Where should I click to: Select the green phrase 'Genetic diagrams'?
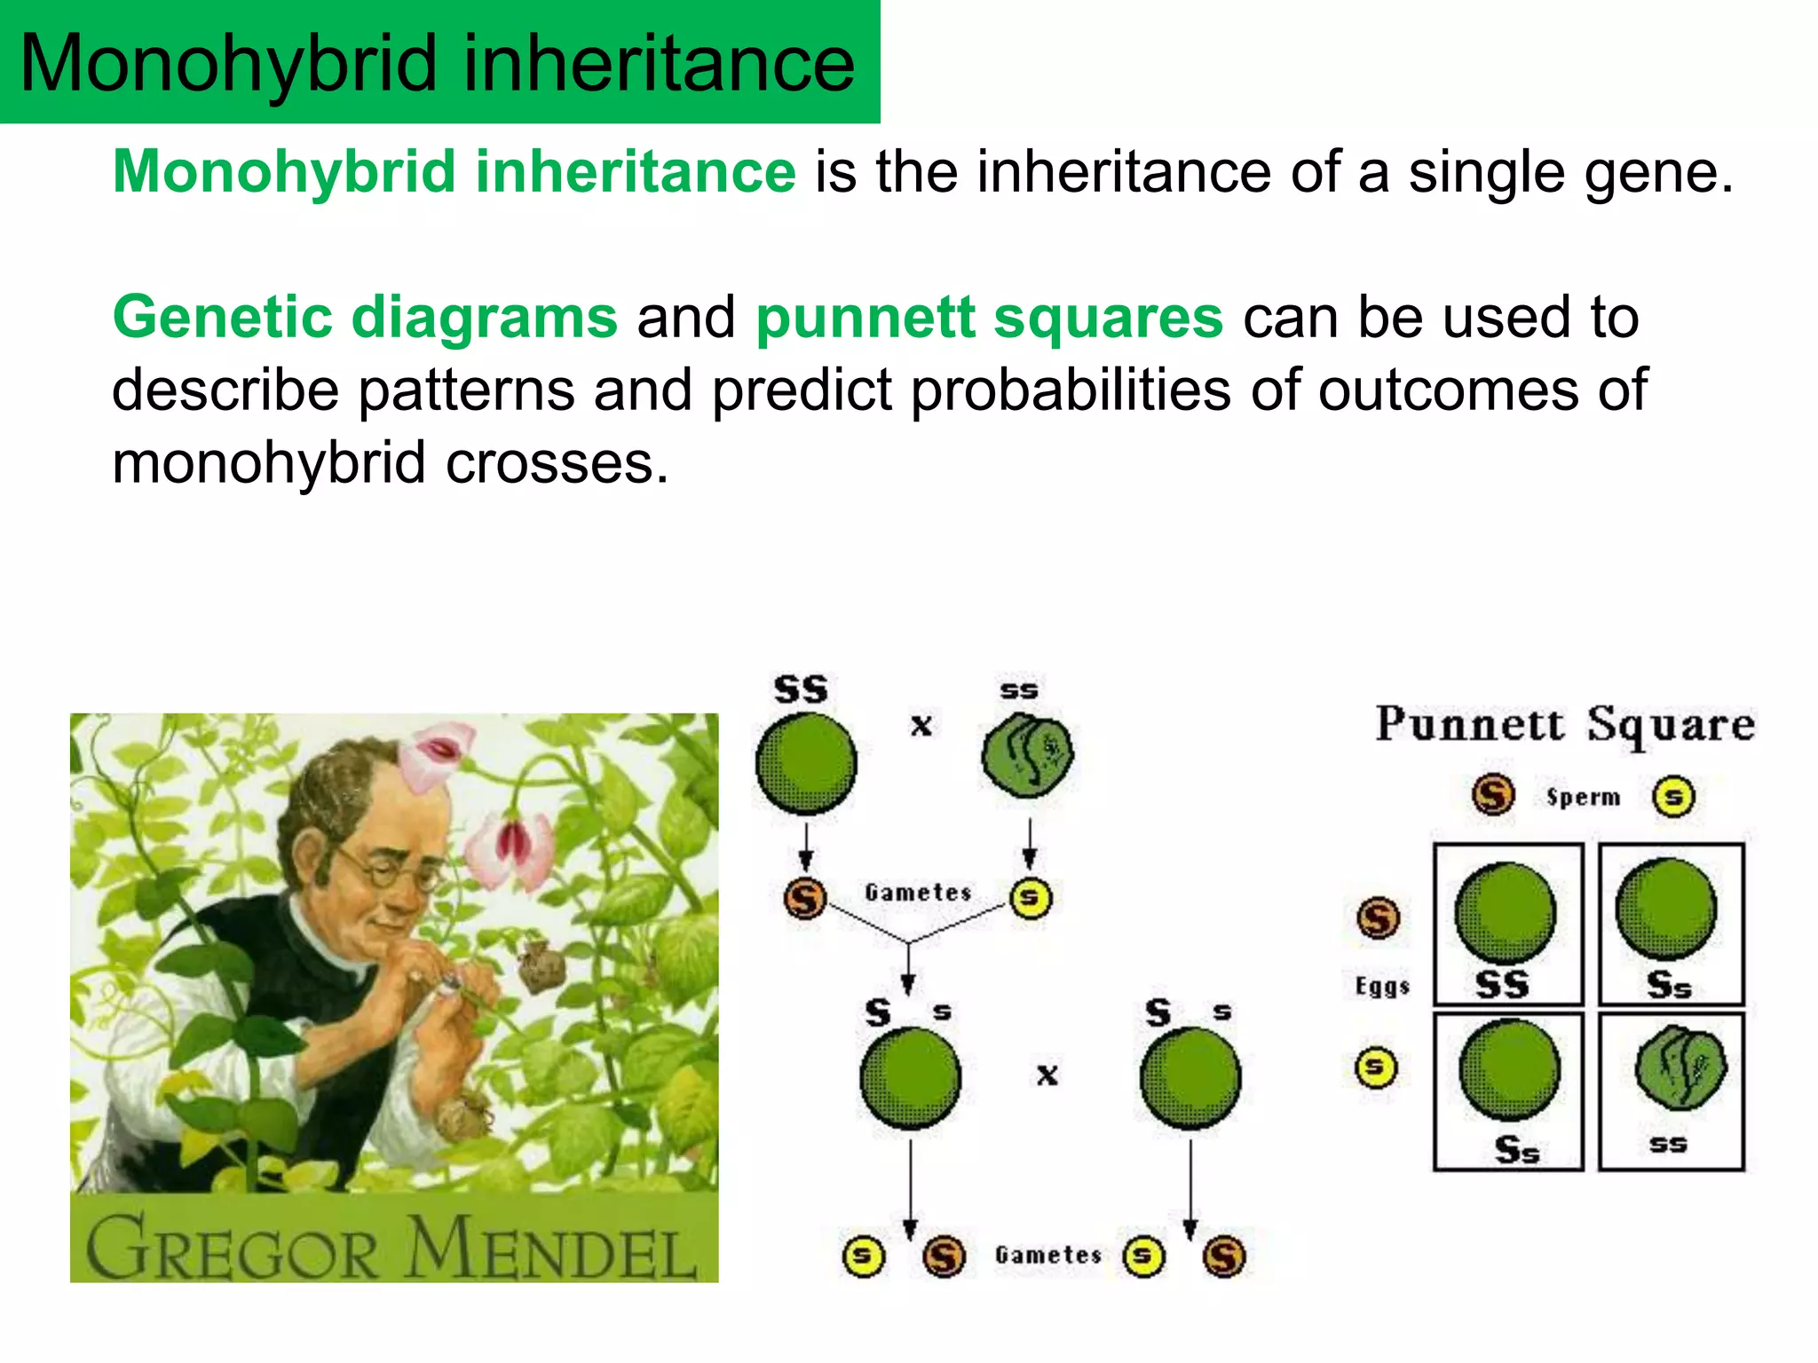365,319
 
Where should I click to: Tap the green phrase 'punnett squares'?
989,319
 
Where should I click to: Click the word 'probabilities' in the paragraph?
1071,390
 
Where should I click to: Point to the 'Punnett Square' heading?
1565,725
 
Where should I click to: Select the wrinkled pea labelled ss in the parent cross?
1027,755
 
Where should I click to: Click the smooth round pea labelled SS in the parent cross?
805,764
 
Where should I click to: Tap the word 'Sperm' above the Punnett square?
1583,797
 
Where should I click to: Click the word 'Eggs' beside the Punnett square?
1381,986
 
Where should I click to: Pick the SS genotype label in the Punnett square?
1502,984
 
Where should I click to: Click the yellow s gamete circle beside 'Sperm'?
1673,796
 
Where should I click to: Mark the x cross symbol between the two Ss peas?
1047,1075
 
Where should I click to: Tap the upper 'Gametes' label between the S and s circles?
918,892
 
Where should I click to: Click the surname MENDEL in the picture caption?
550,1249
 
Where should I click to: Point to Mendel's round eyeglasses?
391,871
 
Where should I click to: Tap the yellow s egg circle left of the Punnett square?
1375,1068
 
